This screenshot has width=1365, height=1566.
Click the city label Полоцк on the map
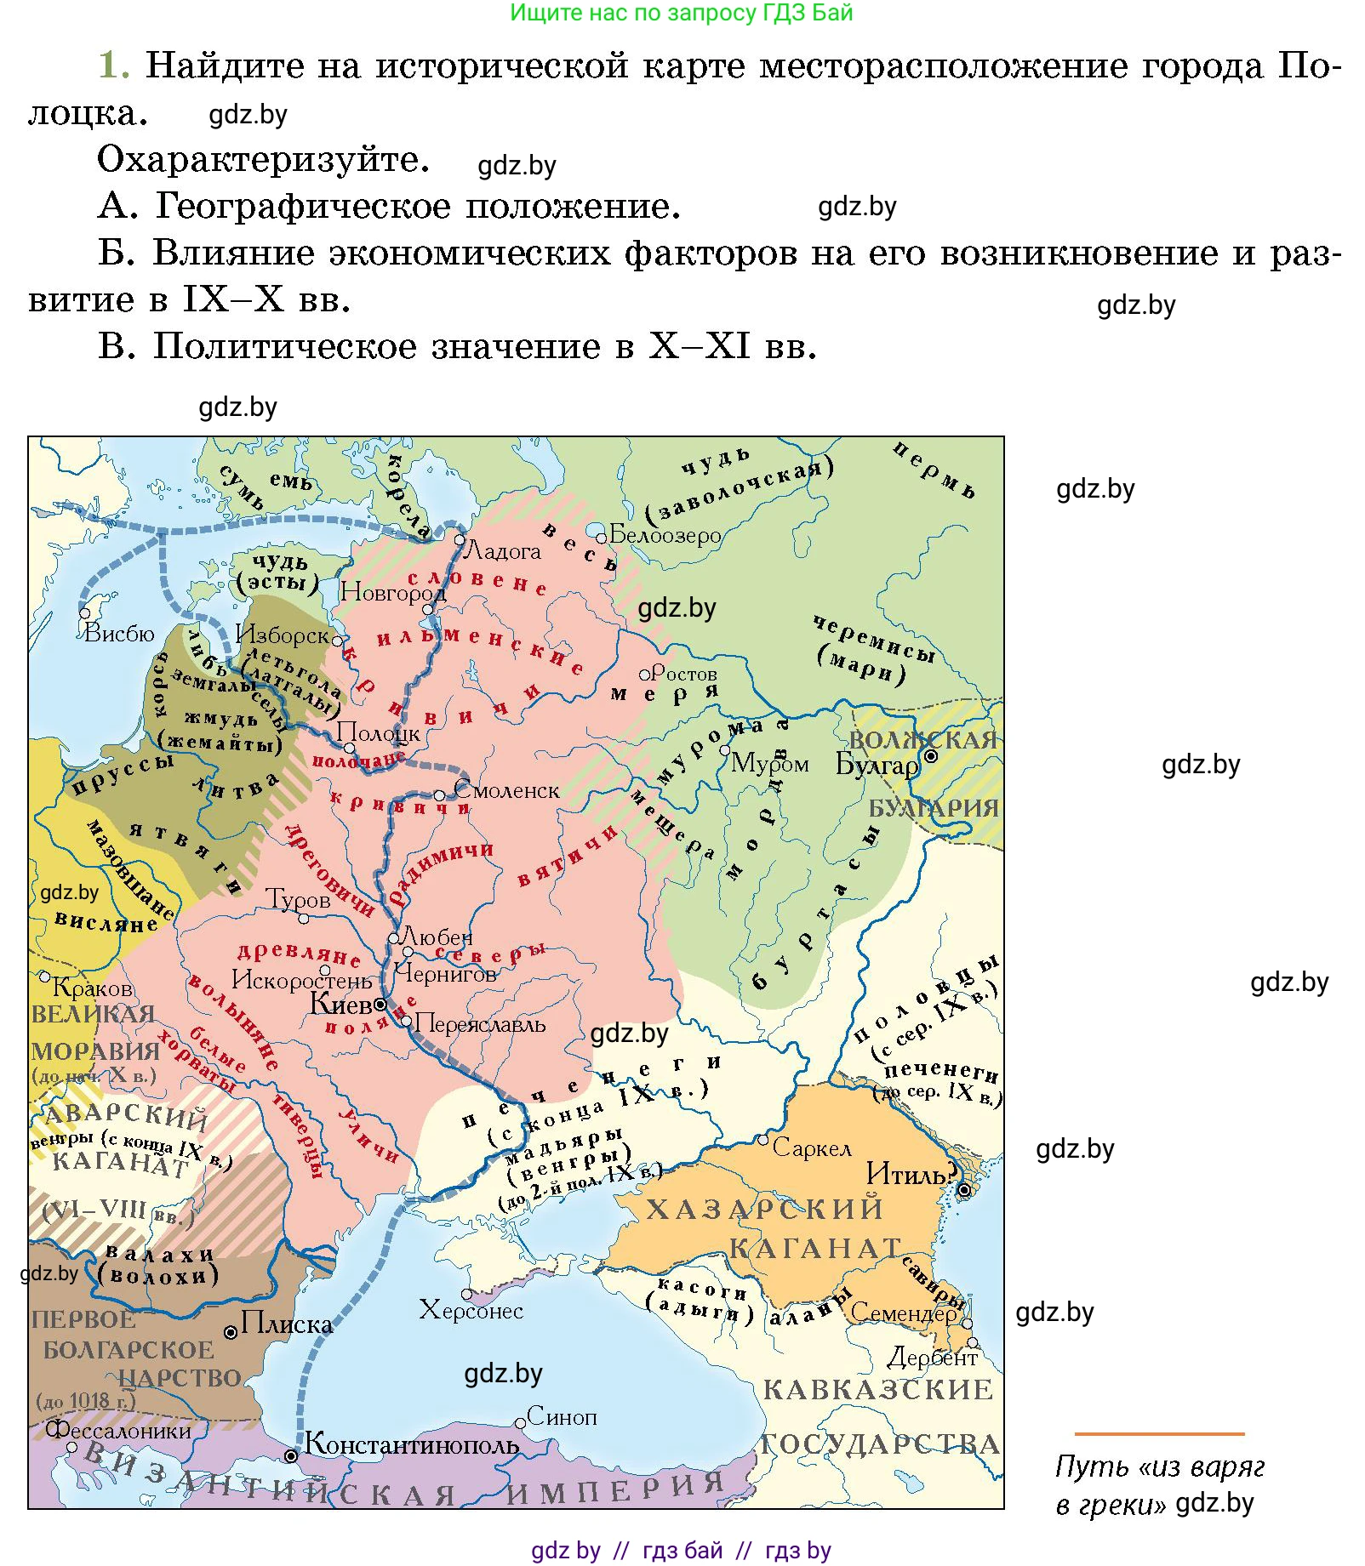[x=378, y=732]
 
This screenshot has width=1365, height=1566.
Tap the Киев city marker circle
[x=380, y=1005]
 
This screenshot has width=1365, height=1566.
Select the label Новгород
[x=392, y=592]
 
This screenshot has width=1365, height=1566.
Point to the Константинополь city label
[x=411, y=1444]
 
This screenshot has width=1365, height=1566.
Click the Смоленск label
[x=506, y=790]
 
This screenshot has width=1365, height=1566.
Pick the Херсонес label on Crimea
[x=471, y=1310]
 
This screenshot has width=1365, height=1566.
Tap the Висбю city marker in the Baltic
[x=84, y=612]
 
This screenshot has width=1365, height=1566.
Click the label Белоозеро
[x=665, y=535]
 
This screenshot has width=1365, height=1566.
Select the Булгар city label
[x=877, y=765]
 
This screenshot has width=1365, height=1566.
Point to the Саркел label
[x=811, y=1149]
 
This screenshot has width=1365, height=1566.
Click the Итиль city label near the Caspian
[x=907, y=1175]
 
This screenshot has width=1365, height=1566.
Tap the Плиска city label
[x=286, y=1324]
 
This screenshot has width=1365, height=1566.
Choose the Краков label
[x=92, y=988]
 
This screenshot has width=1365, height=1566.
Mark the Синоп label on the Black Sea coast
[x=562, y=1416]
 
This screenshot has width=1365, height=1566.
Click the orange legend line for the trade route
[x=1158, y=1434]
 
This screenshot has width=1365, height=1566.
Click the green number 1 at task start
[x=113, y=65]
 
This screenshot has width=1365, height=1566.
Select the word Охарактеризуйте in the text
[x=263, y=159]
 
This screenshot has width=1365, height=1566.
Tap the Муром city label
[x=769, y=763]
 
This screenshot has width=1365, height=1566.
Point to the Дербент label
[x=932, y=1358]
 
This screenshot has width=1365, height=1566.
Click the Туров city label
[x=298, y=900]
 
